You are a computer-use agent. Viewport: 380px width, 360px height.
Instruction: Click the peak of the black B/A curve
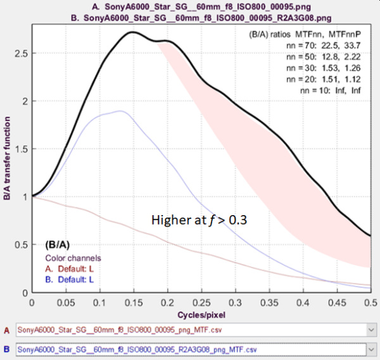132,32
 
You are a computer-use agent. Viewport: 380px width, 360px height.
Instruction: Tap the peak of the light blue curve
120,111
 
